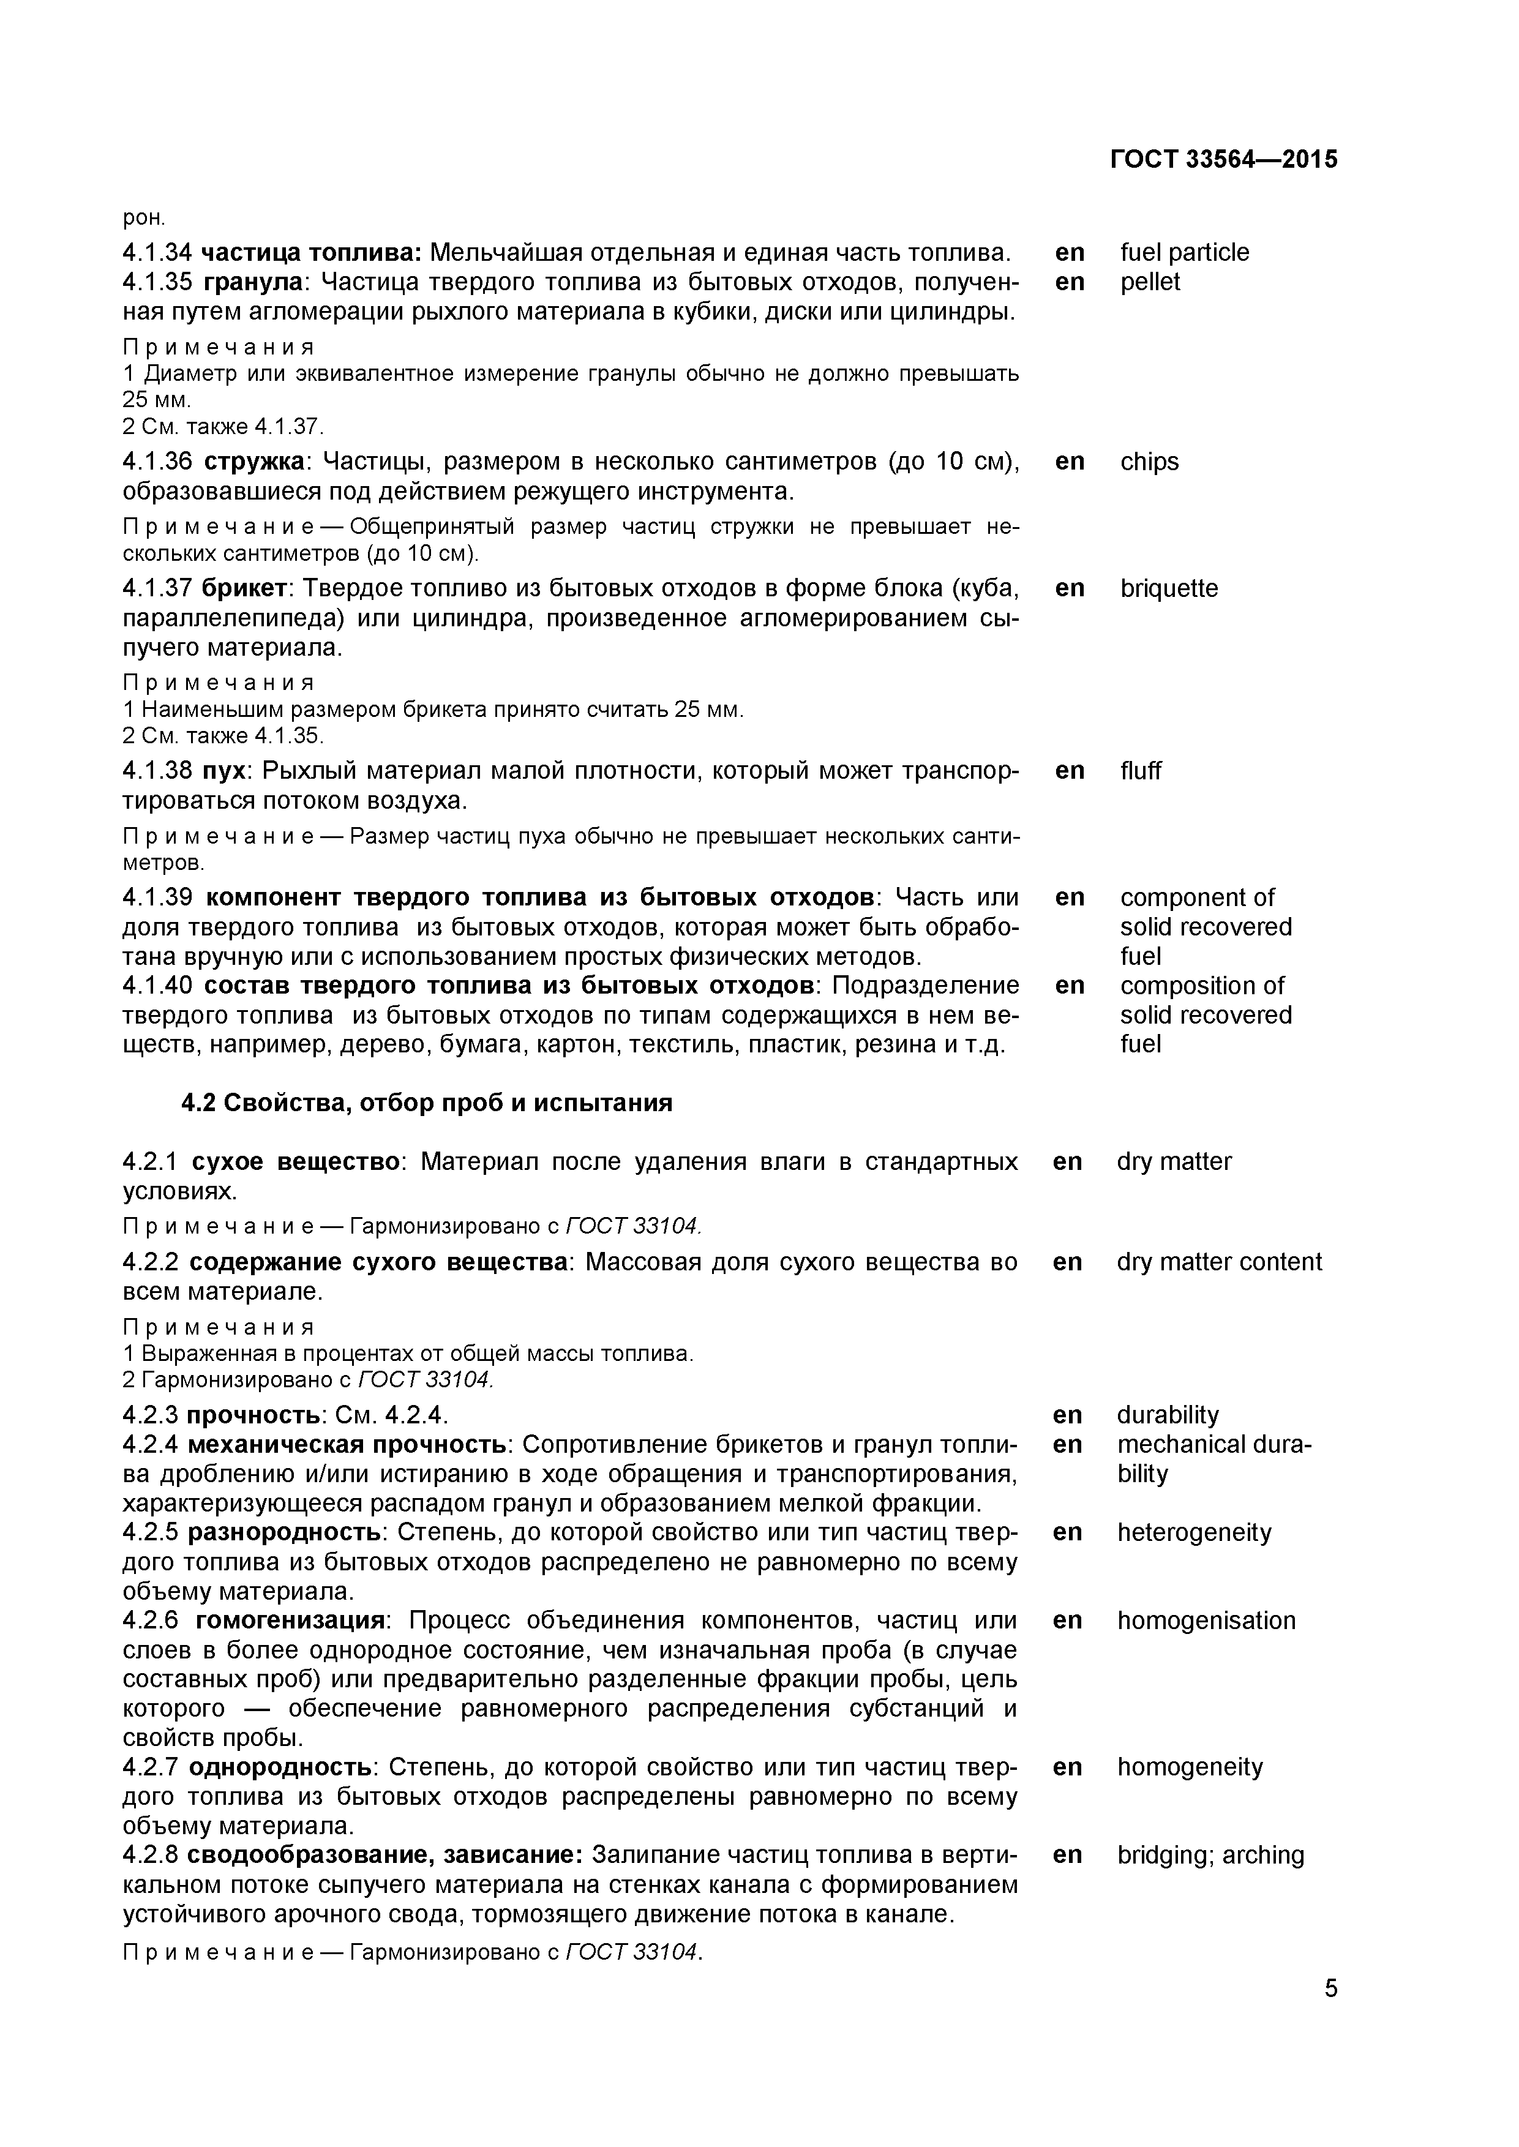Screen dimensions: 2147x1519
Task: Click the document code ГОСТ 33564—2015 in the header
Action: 1223,160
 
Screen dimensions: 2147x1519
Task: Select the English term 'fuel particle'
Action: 1184,252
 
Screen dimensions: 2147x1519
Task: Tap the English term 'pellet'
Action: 1150,282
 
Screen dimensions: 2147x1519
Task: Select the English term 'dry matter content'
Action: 1219,1262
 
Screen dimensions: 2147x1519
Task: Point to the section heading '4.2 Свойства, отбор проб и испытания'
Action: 427,1103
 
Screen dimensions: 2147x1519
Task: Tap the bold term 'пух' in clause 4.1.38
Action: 223,771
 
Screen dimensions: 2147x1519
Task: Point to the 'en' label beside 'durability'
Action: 1067,1415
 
